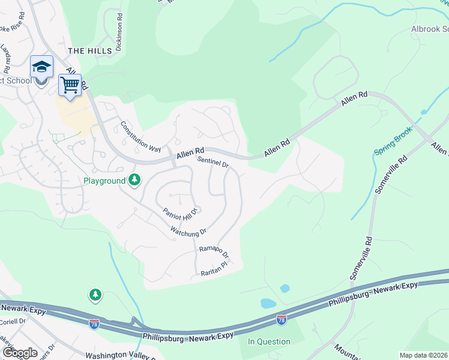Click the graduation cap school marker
[42, 67]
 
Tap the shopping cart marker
[70, 85]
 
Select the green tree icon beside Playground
[135, 180]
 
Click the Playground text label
[104, 181]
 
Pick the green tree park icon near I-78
[95, 295]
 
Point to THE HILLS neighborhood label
[90, 51]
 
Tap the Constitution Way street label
[141, 136]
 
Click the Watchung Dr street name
[188, 230]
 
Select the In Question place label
[270, 341]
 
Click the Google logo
[20, 353]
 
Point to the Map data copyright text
[423, 355]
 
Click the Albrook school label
[429, 29]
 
